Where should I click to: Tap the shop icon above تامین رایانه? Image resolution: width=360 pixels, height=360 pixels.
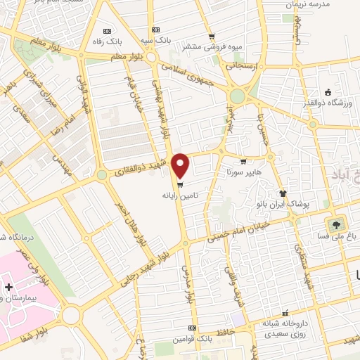coord(181,186)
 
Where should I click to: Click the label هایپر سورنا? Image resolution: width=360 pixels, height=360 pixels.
coord(243,171)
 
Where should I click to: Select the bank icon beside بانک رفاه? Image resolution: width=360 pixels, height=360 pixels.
coord(106,32)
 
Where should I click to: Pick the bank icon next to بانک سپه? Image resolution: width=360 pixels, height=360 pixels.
coord(155,32)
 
